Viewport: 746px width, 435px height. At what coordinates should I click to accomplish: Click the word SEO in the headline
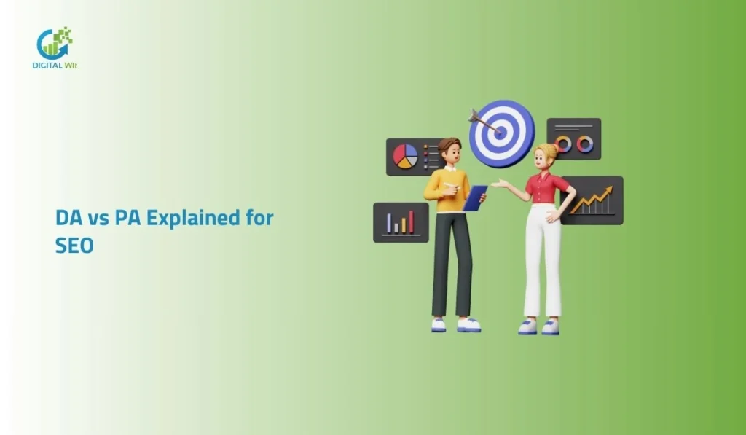[74, 246]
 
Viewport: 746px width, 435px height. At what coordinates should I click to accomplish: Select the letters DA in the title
[69, 218]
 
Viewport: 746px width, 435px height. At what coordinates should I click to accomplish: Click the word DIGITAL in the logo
[49, 66]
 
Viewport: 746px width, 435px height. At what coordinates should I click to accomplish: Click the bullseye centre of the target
[501, 133]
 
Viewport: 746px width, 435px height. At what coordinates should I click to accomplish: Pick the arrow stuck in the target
[483, 122]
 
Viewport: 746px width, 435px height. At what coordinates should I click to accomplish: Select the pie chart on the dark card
[405, 155]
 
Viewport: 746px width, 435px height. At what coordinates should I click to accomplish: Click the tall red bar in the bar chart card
[411, 222]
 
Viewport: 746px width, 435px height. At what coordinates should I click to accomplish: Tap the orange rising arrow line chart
[592, 199]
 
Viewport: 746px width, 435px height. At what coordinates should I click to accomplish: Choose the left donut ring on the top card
[563, 144]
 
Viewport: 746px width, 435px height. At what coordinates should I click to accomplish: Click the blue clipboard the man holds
[475, 197]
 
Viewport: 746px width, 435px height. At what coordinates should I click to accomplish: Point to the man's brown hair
[449, 144]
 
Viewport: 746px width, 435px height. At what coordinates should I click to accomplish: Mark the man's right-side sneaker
[468, 325]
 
